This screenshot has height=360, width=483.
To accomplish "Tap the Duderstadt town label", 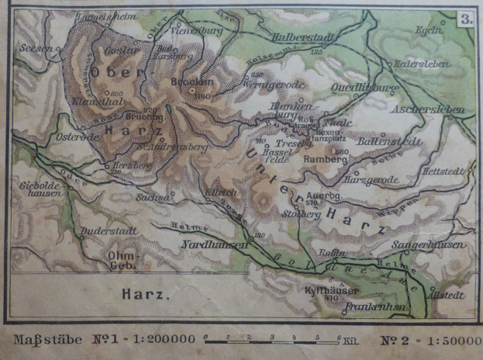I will [108, 231].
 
